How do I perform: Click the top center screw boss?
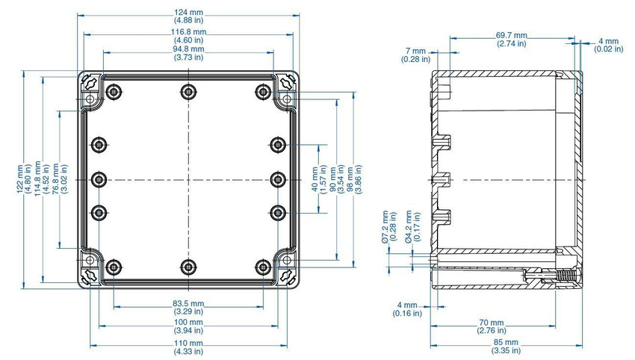pyautogui.click(x=188, y=92)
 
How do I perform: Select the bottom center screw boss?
pyautogui.click(x=188, y=267)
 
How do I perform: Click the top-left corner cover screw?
pyautogui.click(x=90, y=84)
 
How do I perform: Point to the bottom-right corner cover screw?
pyautogui.click(x=287, y=276)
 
